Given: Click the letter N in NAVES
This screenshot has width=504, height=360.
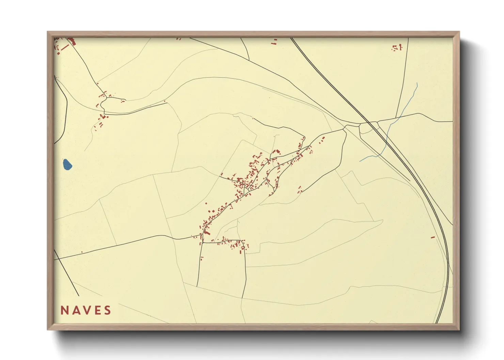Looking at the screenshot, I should click(64, 310).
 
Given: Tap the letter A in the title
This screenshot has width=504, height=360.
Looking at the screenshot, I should click(76, 310).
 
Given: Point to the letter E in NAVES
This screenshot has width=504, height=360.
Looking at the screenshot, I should click(97, 310).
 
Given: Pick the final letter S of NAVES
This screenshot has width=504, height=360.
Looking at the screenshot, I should click(108, 310).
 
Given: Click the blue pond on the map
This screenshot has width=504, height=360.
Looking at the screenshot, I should click(67, 164).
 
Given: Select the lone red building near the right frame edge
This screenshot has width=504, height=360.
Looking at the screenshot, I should click(433, 237).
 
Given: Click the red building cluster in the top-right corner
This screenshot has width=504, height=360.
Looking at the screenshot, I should click(397, 48).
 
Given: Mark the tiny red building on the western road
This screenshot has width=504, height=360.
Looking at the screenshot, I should click(82, 252).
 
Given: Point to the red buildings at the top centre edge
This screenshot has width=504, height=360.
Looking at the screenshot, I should click(274, 42).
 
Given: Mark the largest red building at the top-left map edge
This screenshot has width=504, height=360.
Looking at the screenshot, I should click(72, 42).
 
